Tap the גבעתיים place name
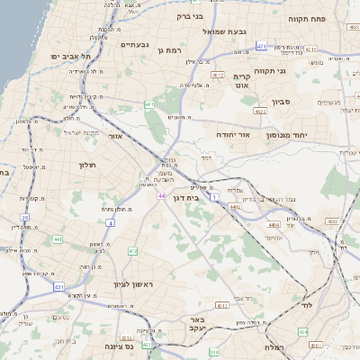tap(134, 44)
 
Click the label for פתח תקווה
tap(307, 17)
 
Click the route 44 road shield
tap(160, 195)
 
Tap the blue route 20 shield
tap(25, 218)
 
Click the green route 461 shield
tap(148, 104)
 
